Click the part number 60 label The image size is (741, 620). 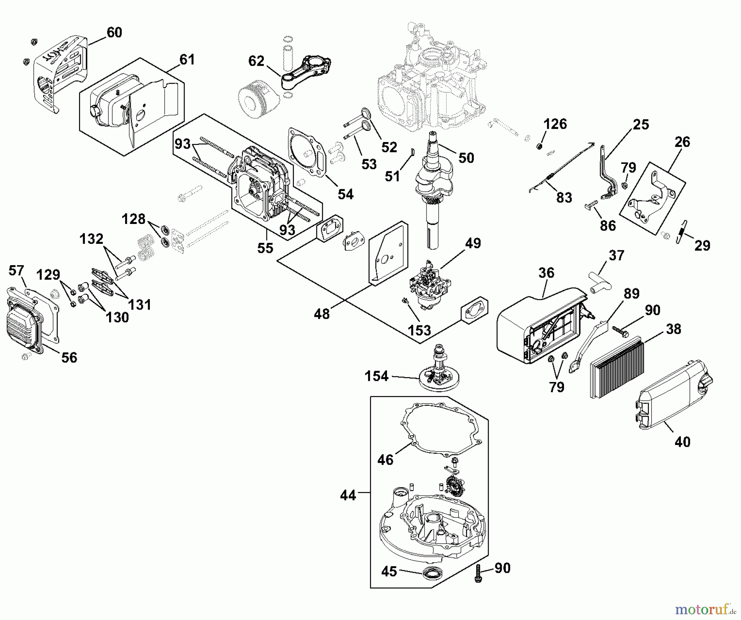click(x=114, y=33)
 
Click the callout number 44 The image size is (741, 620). click(x=348, y=495)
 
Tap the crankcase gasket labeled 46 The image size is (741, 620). click(x=440, y=428)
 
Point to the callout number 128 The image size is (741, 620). click(x=133, y=219)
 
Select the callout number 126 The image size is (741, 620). click(x=555, y=124)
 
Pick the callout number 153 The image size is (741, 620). click(x=419, y=330)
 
